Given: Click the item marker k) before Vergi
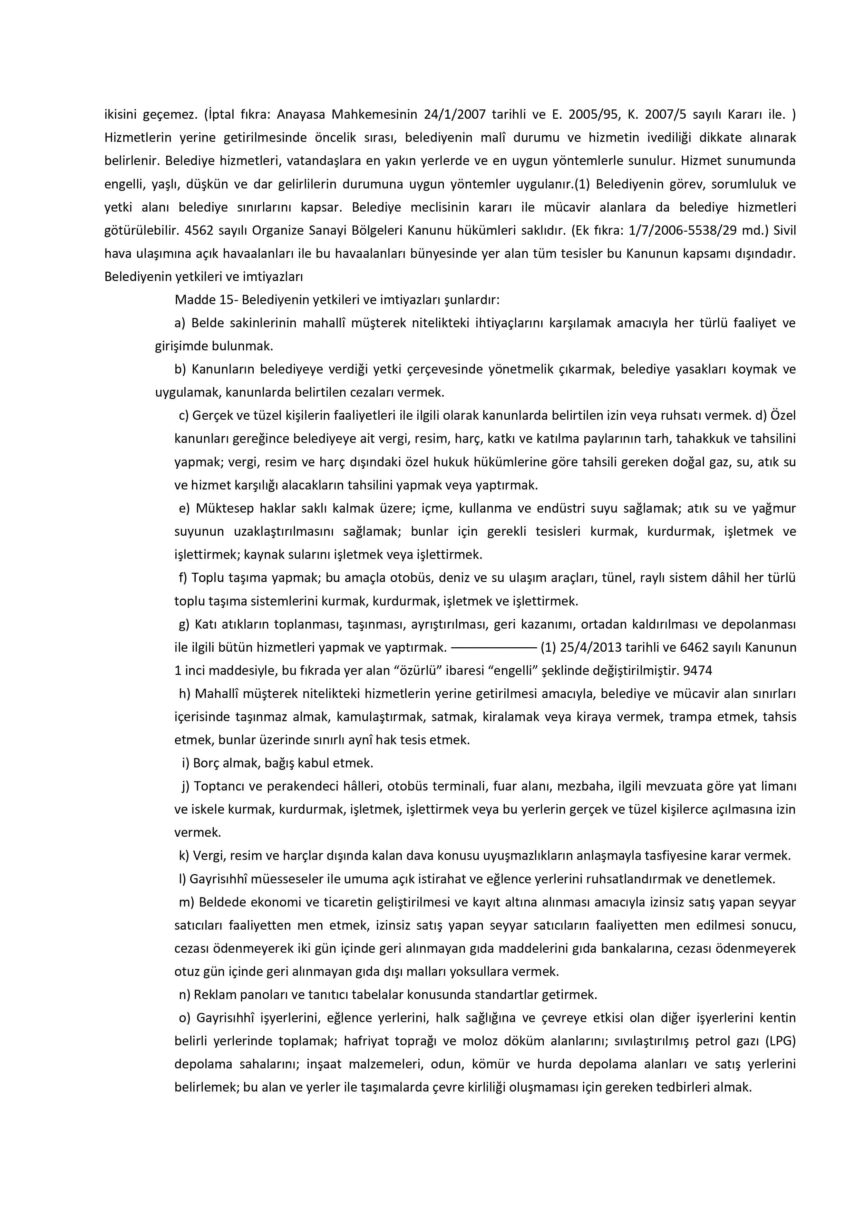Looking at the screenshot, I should (x=184, y=855).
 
